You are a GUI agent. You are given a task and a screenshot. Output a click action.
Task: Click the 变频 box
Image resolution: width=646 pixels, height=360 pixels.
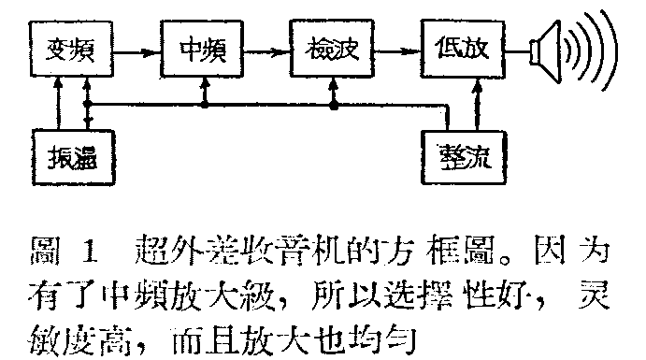point(72,47)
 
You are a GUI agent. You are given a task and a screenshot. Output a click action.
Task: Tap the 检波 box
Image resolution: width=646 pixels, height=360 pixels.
point(332,47)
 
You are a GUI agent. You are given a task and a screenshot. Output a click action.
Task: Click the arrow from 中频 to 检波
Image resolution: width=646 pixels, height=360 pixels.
point(266,47)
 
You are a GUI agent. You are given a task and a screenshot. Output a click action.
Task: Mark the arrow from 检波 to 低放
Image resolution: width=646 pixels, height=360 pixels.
point(396,47)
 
